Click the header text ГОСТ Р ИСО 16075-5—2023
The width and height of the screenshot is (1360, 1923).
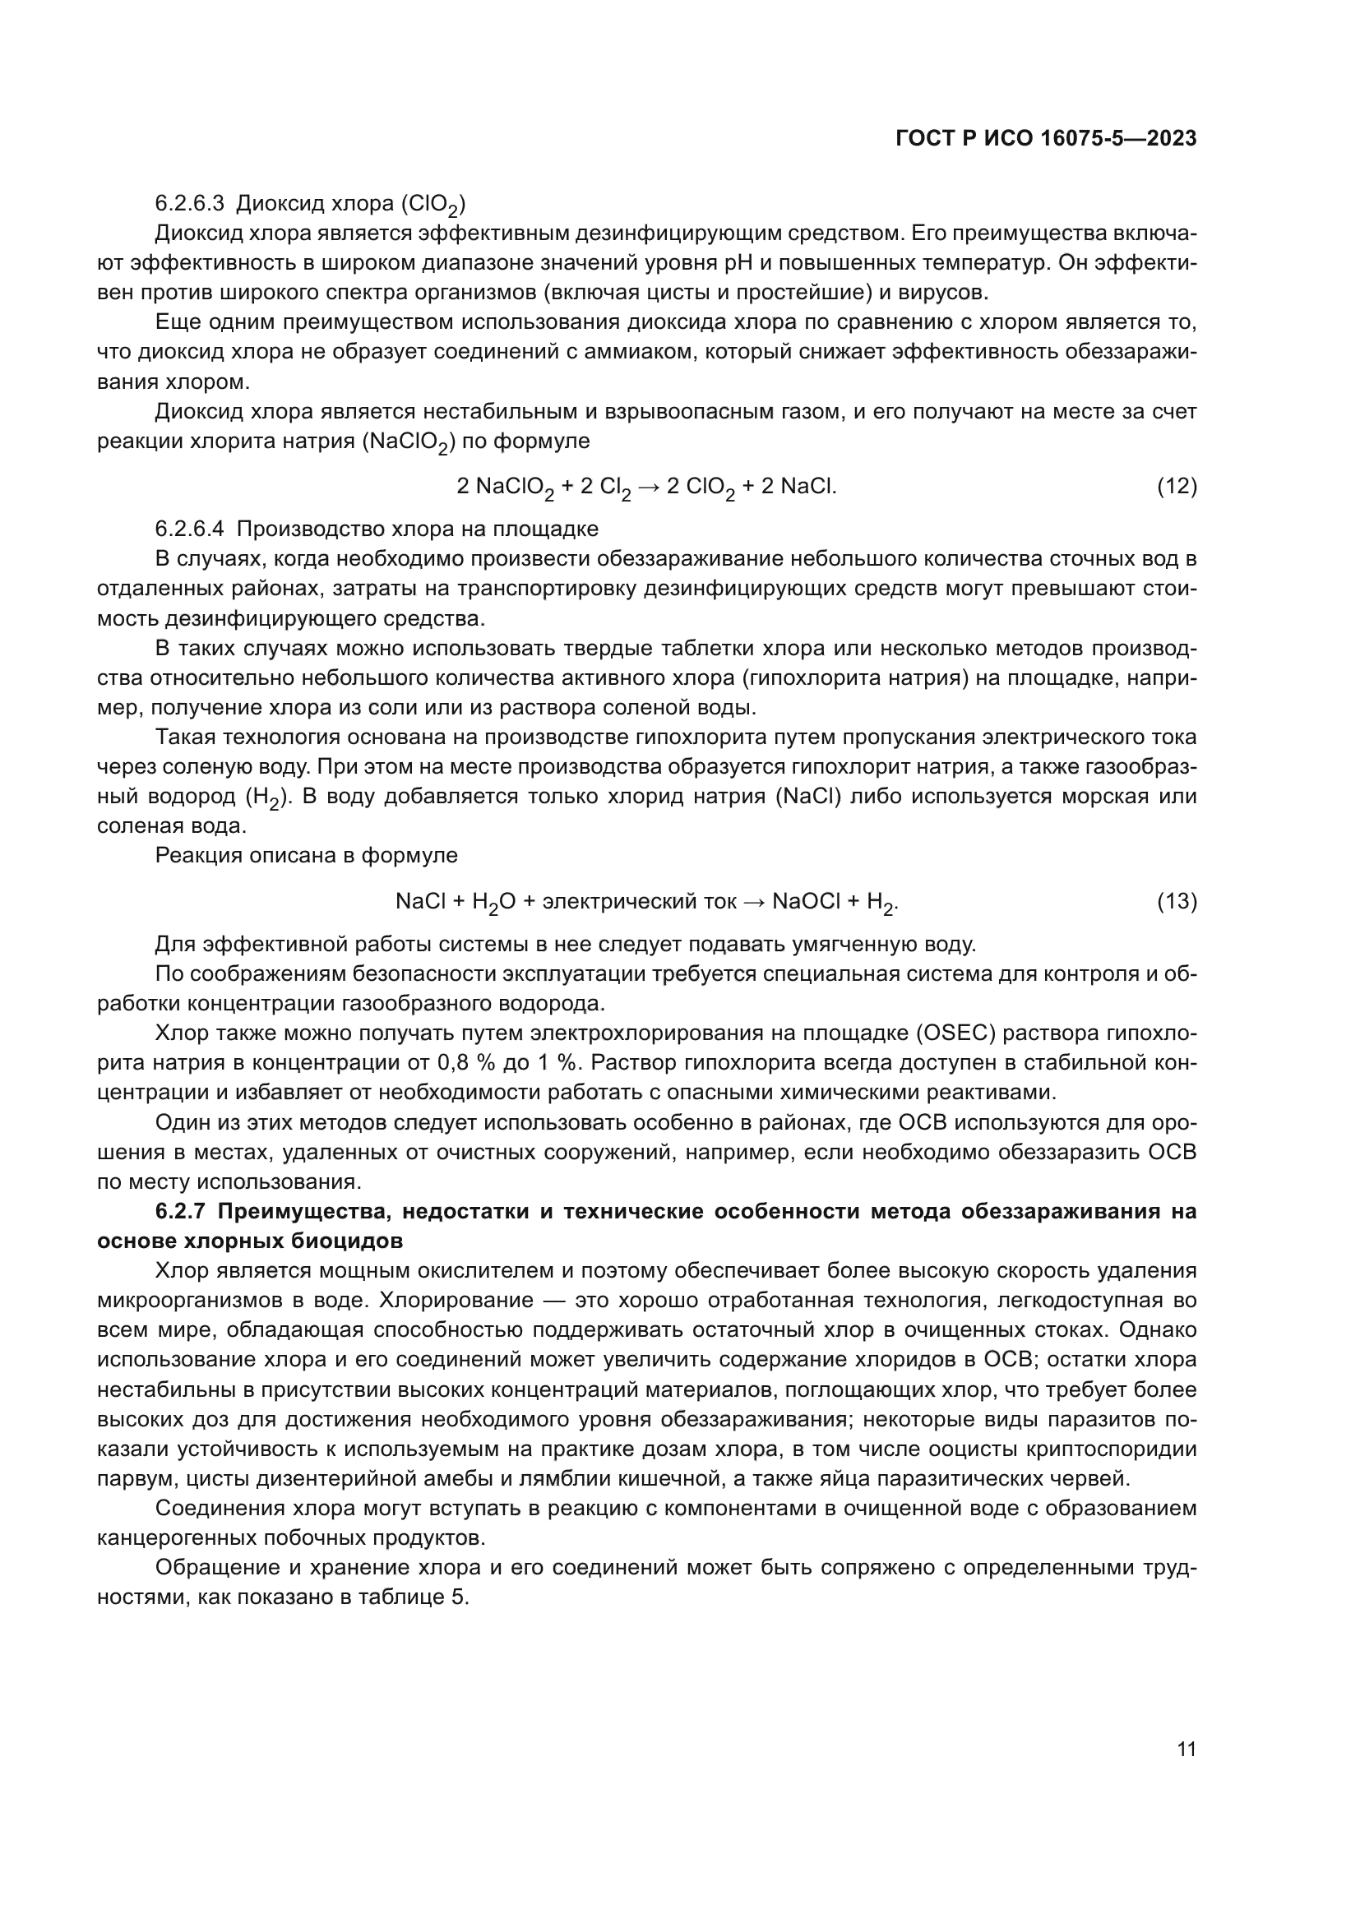(x=1045, y=139)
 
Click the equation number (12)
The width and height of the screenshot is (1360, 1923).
(x=1177, y=486)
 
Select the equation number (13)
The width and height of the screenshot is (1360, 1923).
(x=1177, y=901)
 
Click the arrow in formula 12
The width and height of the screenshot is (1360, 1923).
(x=648, y=486)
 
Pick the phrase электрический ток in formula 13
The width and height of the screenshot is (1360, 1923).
(x=639, y=901)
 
